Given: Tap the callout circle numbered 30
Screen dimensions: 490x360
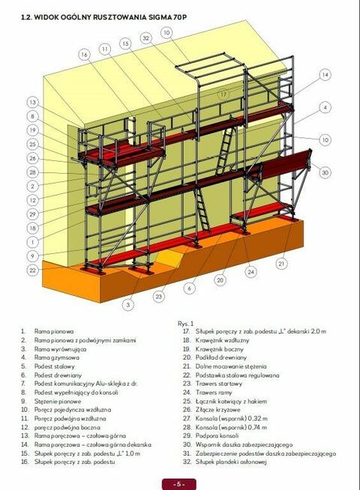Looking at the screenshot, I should pyautogui.click(x=325, y=172).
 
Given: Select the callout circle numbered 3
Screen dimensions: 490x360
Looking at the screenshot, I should pyautogui.click(x=128, y=305).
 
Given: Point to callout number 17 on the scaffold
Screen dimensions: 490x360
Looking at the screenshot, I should pyautogui.click(x=223, y=94).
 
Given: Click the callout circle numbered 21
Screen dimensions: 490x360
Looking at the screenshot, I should pyautogui.click(x=281, y=264).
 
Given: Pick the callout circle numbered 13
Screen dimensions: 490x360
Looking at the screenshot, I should pyautogui.click(x=32, y=103).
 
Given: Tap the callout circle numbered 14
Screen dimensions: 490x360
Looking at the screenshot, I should pyautogui.click(x=325, y=75).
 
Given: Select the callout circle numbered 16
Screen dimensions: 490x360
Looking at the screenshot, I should pyautogui.click(x=84, y=55).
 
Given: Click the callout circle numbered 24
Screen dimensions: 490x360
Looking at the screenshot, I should pyautogui.click(x=250, y=271).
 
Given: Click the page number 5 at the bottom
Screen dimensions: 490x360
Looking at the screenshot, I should pyautogui.click(x=180, y=483).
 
